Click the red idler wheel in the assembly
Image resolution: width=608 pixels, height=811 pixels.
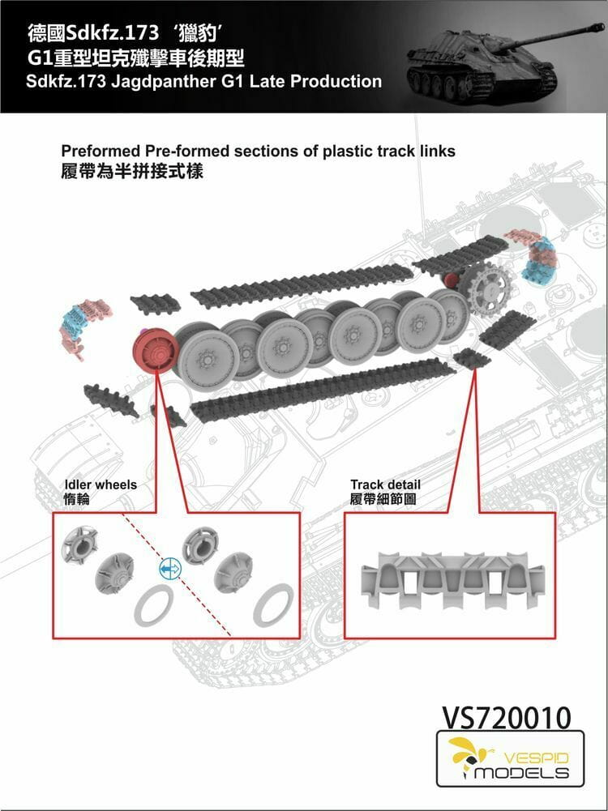pos(155,354)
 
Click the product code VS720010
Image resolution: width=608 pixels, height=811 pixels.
pos(506,716)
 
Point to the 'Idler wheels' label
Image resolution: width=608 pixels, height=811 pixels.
pos(101,484)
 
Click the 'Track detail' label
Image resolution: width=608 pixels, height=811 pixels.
pos(385,484)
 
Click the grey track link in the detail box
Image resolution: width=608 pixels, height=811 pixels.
pos(450,578)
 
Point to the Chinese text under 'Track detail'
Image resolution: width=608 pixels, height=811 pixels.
pos(383,500)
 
